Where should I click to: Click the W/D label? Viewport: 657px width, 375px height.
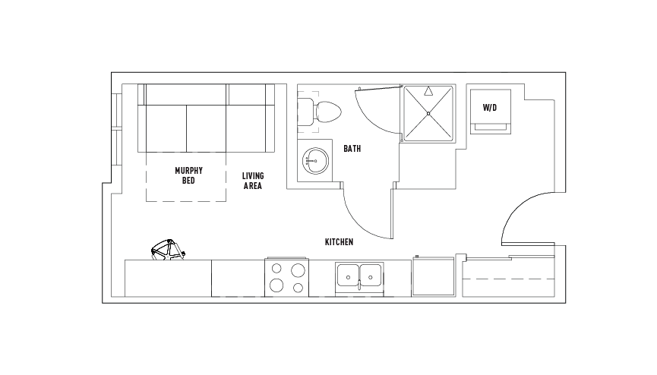click(490, 108)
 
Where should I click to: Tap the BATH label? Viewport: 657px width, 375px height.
click(352, 148)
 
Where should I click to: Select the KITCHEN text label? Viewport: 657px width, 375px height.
click(339, 241)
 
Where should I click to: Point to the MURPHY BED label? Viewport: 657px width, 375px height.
click(188, 175)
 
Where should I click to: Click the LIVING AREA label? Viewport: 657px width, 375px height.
click(253, 181)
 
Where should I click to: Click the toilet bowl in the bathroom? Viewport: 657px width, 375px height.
click(328, 112)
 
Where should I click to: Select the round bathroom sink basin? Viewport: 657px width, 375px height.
click(315, 160)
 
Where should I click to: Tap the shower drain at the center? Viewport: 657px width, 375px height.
click(428, 114)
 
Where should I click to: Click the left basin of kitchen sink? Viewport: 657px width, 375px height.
click(349, 276)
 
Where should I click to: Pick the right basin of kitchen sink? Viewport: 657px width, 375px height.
click(371, 276)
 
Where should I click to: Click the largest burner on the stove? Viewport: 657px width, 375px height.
click(298, 270)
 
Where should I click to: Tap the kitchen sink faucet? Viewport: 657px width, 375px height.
click(359, 284)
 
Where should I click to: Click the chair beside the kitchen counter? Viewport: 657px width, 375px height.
click(168, 250)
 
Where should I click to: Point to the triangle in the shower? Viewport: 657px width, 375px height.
click(428, 91)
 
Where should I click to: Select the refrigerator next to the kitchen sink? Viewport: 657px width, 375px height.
click(434, 276)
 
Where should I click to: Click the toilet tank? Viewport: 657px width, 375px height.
click(305, 112)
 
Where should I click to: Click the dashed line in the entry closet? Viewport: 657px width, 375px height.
click(509, 279)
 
